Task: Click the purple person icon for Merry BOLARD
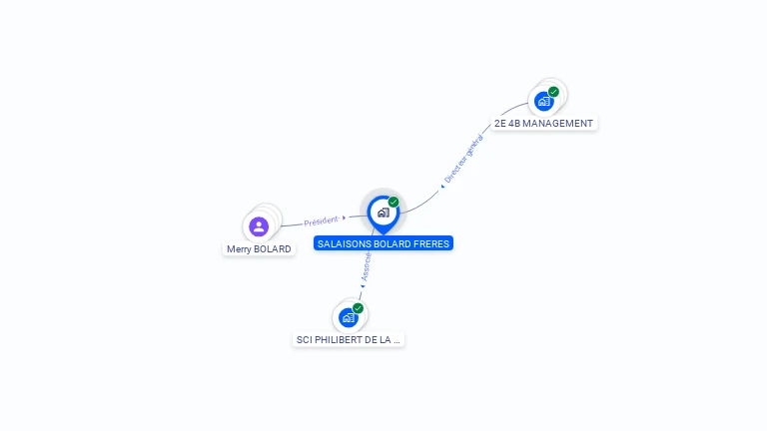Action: [x=259, y=226]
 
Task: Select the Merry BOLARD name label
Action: [x=259, y=248]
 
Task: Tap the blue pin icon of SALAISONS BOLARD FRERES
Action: [x=383, y=213]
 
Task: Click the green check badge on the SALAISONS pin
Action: [x=393, y=202]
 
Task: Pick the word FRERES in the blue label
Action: [x=428, y=242]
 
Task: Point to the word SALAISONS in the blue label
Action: [x=341, y=242]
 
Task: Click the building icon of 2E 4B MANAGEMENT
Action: [x=543, y=101]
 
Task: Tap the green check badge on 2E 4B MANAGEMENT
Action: [x=553, y=92]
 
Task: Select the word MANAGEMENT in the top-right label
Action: [x=557, y=124]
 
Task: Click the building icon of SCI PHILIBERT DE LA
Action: [x=348, y=317]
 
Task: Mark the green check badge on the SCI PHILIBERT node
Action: [x=358, y=307]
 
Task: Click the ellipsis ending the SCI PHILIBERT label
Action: [x=396, y=340]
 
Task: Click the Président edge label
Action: [x=322, y=219]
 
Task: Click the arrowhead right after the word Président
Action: [x=344, y=217]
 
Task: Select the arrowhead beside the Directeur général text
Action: [x=442, y=185]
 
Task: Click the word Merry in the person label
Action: [x=239, y=248]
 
